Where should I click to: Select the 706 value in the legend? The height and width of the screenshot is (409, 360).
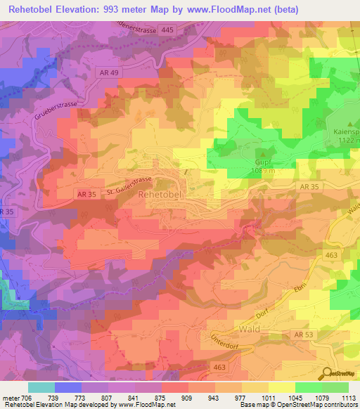pyautogui.click(x=22, y=398)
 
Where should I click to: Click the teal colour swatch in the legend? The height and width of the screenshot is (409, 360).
pyautogui.click(x=41, y=387)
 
